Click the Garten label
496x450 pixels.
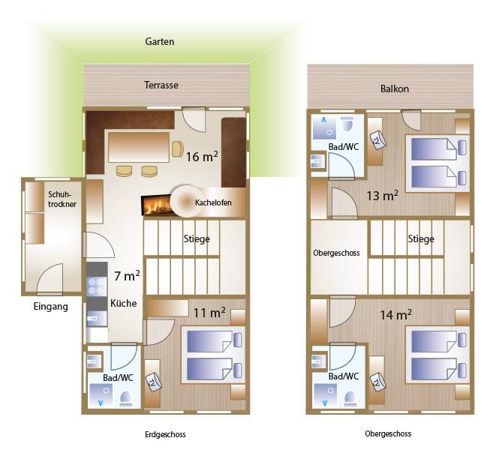coord(159,41)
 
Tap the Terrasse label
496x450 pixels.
coord(161,85)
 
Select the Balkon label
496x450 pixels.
coord(395,88)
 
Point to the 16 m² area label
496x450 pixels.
coord(202,156)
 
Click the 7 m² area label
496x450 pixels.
coord(127,276)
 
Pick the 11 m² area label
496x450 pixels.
coord(209,313)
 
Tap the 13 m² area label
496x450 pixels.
coord(382,196)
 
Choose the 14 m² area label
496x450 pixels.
coord(395,315)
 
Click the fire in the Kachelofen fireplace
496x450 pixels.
coord(157,205)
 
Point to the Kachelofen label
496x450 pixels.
coord(213,202)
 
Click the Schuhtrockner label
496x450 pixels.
coord(62,199)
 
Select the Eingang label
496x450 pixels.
coord(50,307)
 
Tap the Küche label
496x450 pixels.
coord(123,303)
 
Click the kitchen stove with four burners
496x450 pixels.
coord(97,286)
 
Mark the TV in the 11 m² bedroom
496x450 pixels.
coord(154,382)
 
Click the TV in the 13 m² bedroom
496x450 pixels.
coord(377,139)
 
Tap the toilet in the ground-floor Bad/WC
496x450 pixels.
coord(126,400)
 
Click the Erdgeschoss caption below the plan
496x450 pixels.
coord(165,434)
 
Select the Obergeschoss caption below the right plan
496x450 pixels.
coord(388,433)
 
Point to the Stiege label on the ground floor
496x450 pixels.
coord(197,238)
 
